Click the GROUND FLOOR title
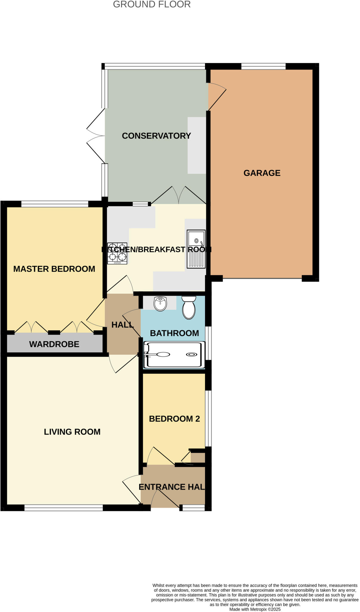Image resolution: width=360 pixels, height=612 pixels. pos(152,4)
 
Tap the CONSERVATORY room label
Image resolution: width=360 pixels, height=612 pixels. pos(156,136)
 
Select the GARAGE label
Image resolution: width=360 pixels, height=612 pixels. pos(262,173)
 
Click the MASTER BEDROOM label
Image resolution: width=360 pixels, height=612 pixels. pos(54,269)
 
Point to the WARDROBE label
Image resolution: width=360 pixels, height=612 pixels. pos(54,344)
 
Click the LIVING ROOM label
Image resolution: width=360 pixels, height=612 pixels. pos(72,432)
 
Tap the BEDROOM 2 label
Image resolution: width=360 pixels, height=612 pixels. pos(174,419)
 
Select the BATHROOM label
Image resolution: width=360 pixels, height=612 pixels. pos(174,333)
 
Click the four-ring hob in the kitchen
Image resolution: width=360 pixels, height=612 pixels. pos(117,253)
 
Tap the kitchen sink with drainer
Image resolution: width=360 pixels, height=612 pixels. pos(196,249)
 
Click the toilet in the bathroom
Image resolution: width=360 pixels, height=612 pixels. pos(189,308)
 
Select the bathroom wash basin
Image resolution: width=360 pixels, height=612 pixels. pos(160,304)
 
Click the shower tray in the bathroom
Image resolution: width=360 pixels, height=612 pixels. pos(174,355)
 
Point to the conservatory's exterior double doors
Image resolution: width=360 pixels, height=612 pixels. pos(96,136)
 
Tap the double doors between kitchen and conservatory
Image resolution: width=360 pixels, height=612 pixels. pos(179,196)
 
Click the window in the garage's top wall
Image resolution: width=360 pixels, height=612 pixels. pos(263,66)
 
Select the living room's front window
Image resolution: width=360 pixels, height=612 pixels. pos(63,507)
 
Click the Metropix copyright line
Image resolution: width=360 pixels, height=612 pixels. pos(255,609)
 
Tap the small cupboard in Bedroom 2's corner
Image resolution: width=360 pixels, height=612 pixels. pos(197,458)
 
